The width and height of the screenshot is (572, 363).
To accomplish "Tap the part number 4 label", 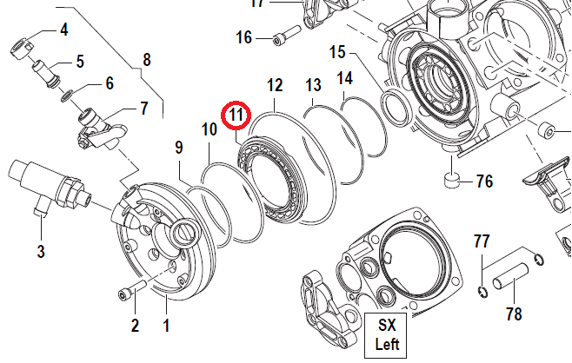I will coord(63,30).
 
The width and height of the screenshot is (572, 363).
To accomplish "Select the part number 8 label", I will coord(146,60).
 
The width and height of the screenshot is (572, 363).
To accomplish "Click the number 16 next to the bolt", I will coord(243,37).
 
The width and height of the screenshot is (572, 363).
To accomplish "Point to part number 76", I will coord(484,181).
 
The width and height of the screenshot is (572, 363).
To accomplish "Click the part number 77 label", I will coord(482,241).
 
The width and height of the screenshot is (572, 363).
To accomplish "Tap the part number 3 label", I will coord(41,253).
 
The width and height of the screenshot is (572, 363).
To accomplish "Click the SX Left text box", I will coord(385,334).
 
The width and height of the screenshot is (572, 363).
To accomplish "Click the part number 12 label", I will coord(275,85).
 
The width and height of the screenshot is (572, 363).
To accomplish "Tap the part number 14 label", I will coord(345,79).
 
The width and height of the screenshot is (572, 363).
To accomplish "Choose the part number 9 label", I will coord(179,148).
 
